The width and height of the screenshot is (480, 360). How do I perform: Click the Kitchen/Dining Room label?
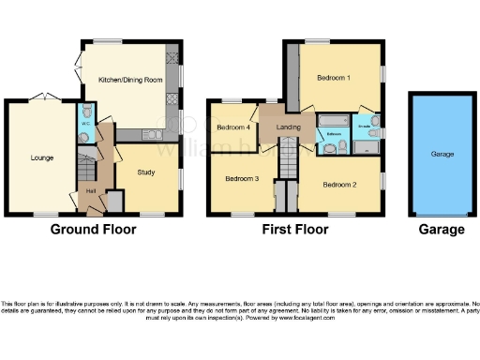coord(131,81)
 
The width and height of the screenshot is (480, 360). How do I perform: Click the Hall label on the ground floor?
coord(92,191)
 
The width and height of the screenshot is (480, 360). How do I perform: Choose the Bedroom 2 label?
coord(339,184)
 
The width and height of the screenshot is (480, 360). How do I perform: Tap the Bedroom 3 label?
coord(241,177)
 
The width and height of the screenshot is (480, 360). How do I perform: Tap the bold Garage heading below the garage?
coord(441,230)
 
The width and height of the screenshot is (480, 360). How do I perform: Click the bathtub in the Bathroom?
coord(333,121)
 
